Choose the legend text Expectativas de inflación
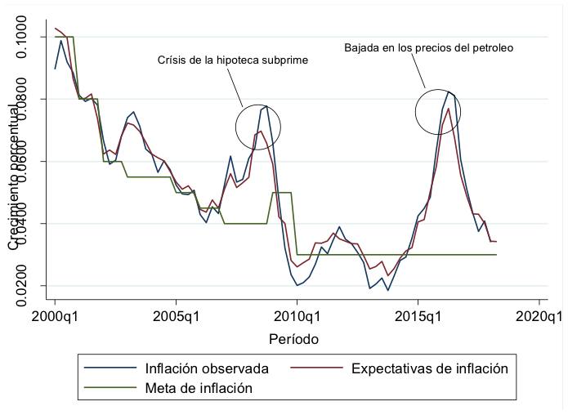click(430, 368)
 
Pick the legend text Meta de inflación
click(198, 389)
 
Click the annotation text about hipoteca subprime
click(232, 60)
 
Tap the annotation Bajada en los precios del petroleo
click(428, 48)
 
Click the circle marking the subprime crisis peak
click(258, 127)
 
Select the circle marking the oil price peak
click(438, 112)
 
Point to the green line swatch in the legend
click(109, 389)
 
